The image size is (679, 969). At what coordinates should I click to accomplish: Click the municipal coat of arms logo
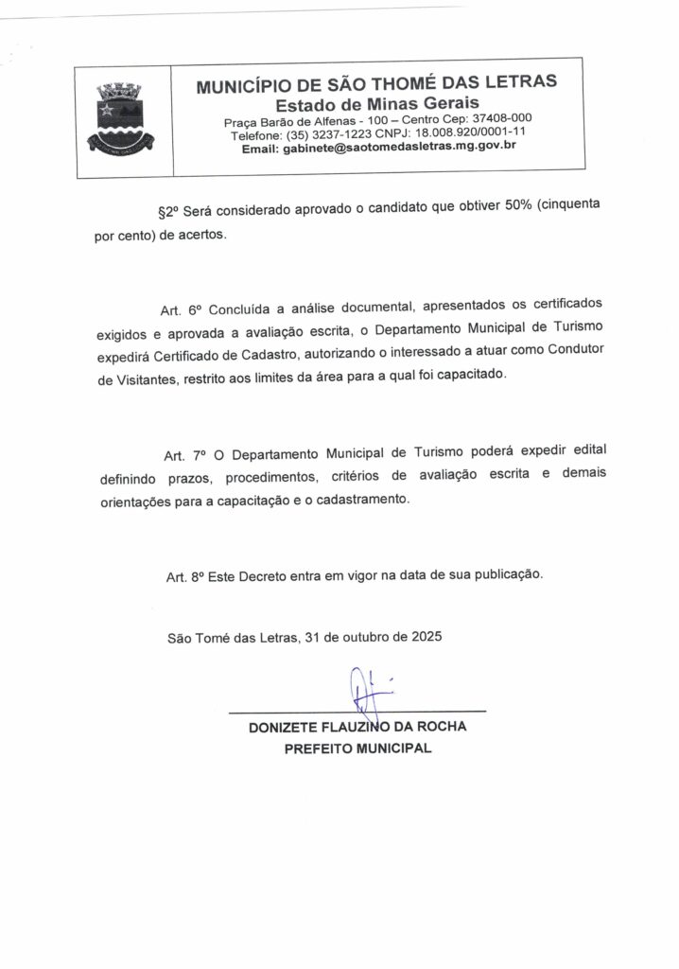[122, 117]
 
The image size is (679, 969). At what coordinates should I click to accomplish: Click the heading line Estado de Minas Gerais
[376, 102]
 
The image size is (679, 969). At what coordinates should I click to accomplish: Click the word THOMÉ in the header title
[408, 83]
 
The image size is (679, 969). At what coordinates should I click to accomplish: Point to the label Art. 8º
[184, 574]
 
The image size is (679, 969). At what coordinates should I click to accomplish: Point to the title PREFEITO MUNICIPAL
[357, 749]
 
